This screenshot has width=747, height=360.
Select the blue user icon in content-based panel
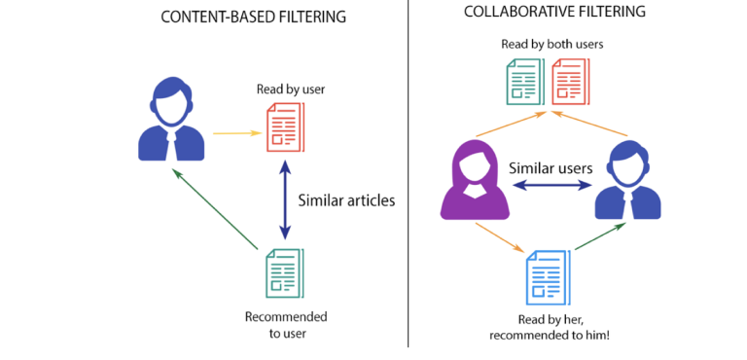click(x=172, y=122)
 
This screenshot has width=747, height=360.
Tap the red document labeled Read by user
click(x=284, y=127)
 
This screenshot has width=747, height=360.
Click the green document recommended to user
click(x=284, y=272)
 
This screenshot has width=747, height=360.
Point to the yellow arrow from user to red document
click(x=235, y=133)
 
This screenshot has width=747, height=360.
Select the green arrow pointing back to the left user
click(x=216, y=209)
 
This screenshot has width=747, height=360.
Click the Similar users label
click(x=551, y=167)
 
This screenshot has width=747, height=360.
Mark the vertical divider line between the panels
click(x=408, y=175)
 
